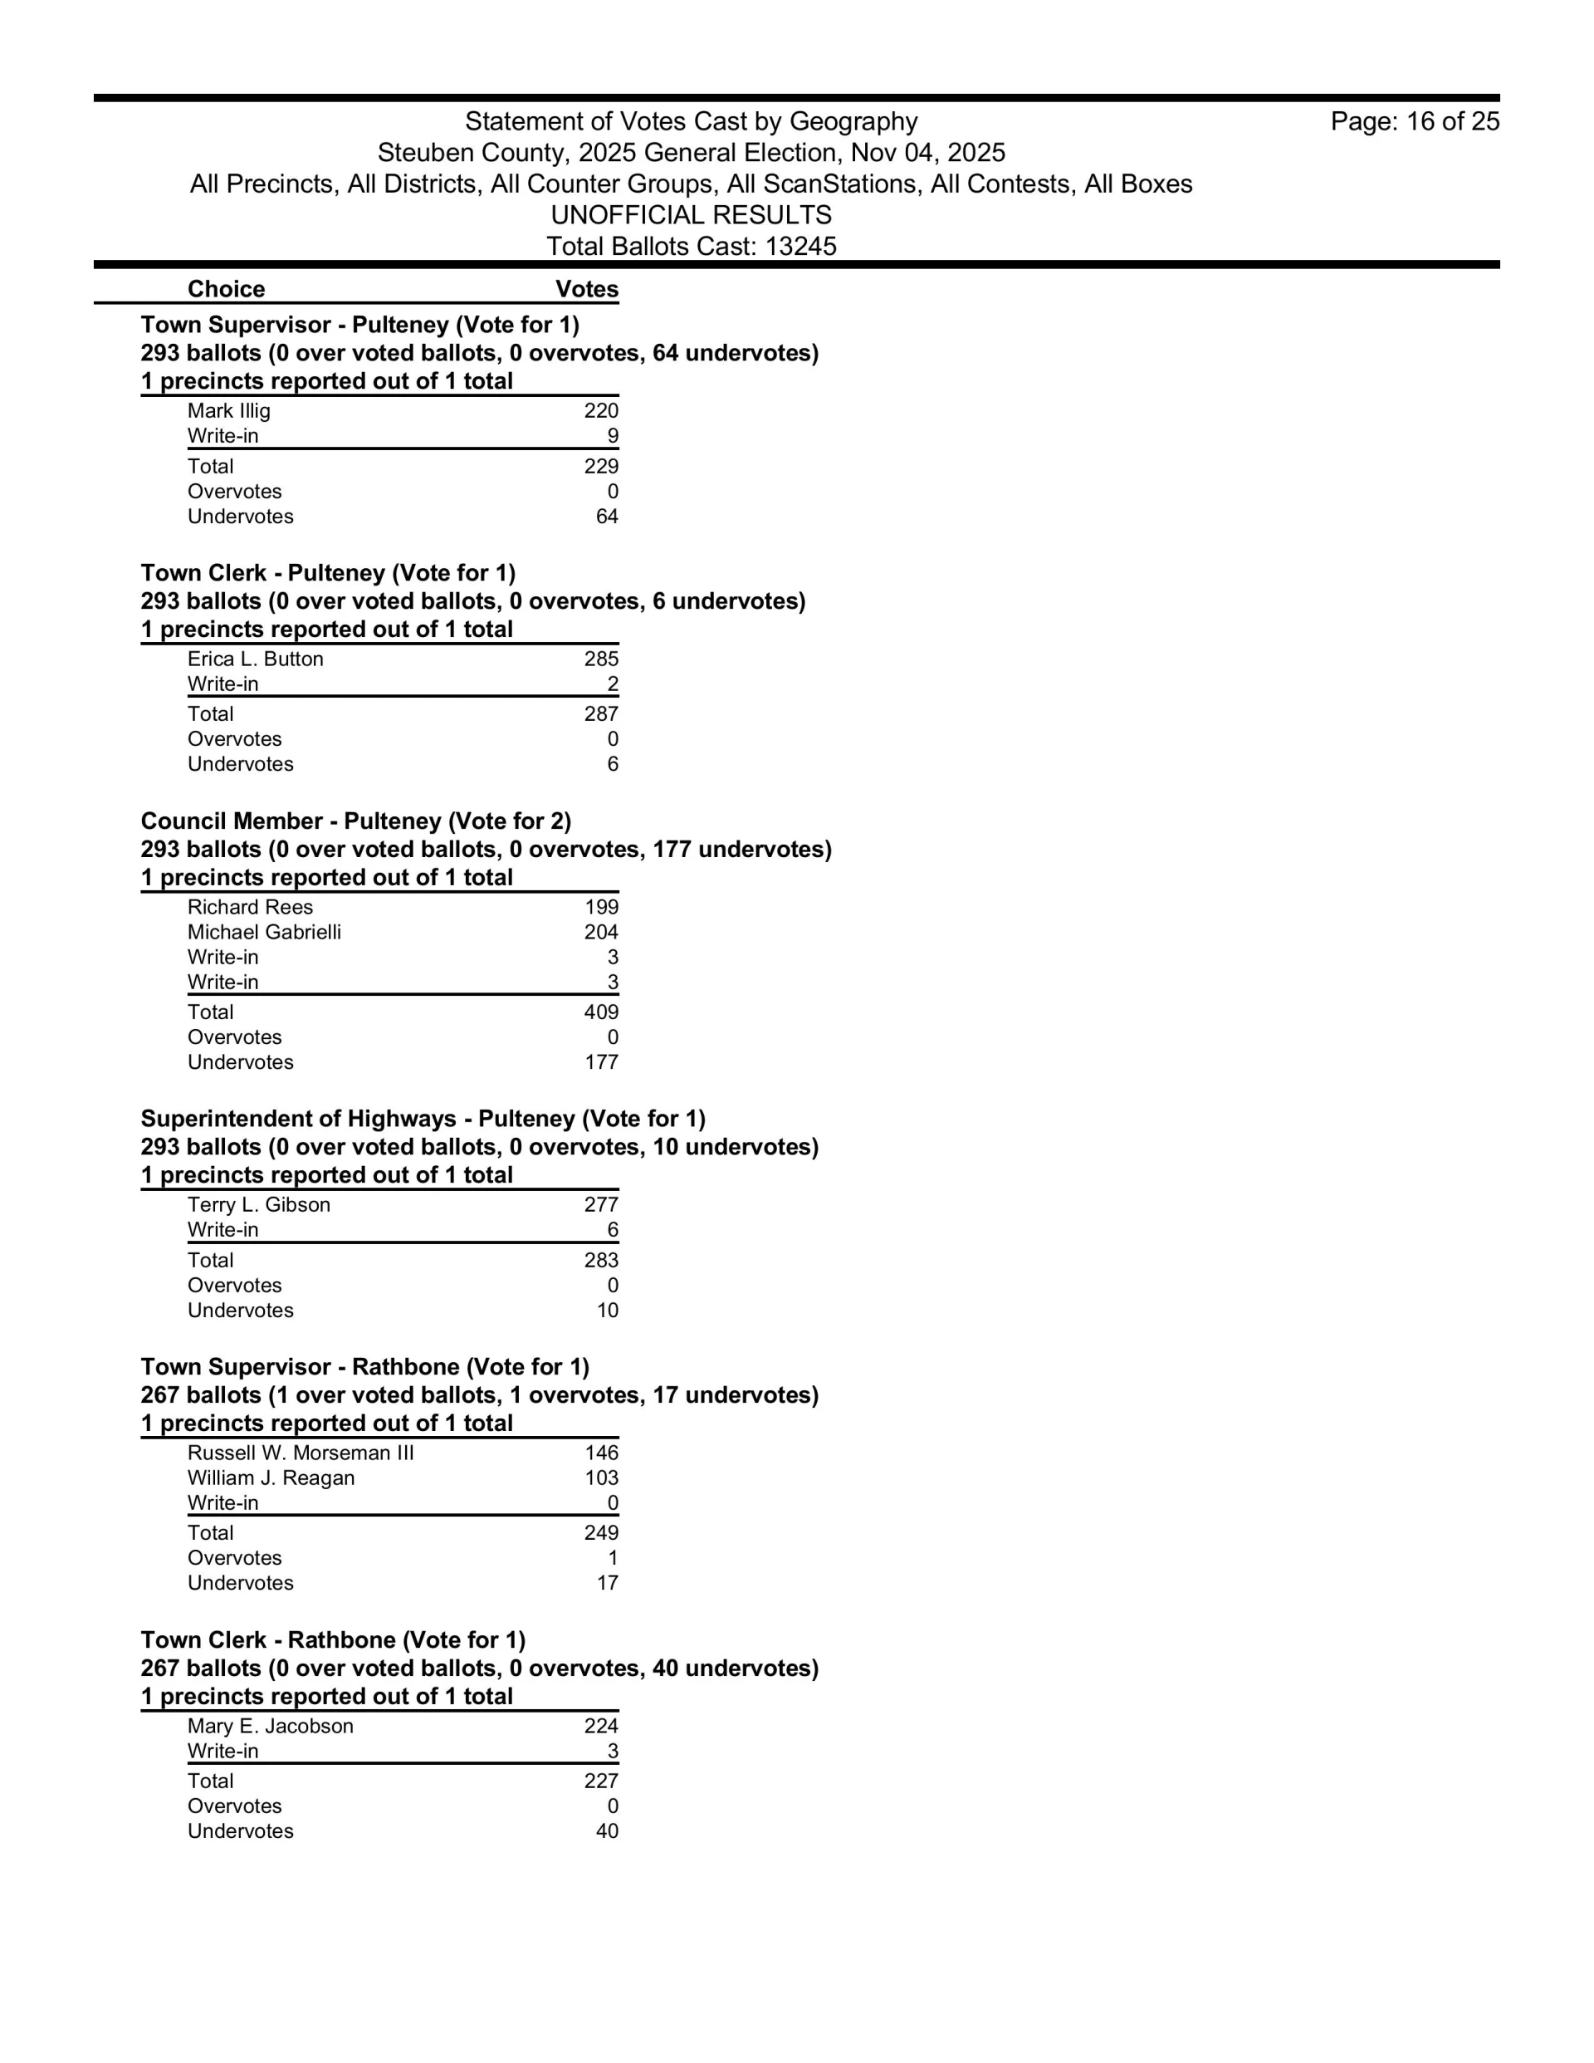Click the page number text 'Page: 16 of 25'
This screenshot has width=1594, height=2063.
pyautogui.click(x=1414, y=122)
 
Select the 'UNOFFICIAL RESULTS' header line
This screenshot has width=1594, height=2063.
pyautogui.click(x=692, y=215)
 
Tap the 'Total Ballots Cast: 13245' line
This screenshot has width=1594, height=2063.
pyautogui.click(x=692, y=247)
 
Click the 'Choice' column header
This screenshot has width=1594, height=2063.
pyautogui.click(x=226, y=289)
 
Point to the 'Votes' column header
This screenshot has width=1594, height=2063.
pyautogui.click(x=586, y=289)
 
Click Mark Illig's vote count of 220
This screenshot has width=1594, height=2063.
pyautogui.click(x=600, y=411)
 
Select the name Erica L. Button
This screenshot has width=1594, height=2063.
pyautogui.click(x=255, y=659)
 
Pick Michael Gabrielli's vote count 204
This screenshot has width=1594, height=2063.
pyautogui.click(x=600, y=933)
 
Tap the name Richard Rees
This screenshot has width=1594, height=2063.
pyautogui.click(x=250, y=908)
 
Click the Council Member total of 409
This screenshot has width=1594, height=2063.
pyautogui.click(x=600, y=1012)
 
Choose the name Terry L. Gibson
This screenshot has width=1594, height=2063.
pyautogui.click(x=259, y=1205)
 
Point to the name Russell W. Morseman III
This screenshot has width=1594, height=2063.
pyautogui.click(x=301, y=1453)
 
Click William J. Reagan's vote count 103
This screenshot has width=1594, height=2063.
pyautogui.click(x=600, y=1478)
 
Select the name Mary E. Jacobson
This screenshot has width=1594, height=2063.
pyautogui.click(x=270, y=1727)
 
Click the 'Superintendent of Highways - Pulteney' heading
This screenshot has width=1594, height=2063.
pyautogui.click(x=422, y=1120)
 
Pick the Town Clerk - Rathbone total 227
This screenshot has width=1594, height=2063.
pyautogui.click(x=600, y=1781)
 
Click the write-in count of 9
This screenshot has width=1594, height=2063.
pyautogui.click(x=612, y=436)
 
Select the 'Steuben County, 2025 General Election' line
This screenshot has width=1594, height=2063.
pyautogui.click(x=692, y=153)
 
